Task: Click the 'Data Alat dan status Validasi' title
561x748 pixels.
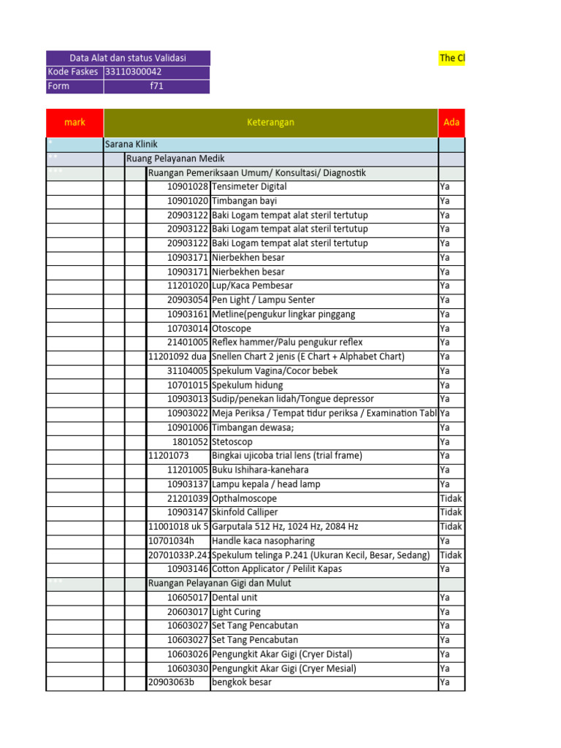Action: click(x=128, y=58)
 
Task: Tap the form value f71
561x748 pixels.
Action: click(x=156, y=86)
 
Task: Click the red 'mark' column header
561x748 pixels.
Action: click(x=75, y=122)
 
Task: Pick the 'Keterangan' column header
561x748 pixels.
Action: click(x=270, y=122)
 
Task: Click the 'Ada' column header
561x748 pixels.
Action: click(x=451, y=122)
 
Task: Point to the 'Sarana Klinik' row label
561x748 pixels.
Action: click(x=131, y=145)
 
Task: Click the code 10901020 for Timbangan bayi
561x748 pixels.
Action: click(x=188, y=201)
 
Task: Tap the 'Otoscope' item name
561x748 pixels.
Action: click(x=230, y=329)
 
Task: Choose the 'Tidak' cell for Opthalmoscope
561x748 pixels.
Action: click(x=451, y=498)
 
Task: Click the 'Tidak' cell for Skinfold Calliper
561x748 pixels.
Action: click(x=451, y=513)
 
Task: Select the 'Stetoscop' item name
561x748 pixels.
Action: click(x=232, y=442)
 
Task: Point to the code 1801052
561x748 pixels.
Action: click(x=191, y=442)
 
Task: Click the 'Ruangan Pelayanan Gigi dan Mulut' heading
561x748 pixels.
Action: click(x=219, y=584)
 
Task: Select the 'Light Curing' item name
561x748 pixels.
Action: click(x=236, y=612)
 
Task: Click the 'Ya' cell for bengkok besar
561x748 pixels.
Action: click(x=445, y=682)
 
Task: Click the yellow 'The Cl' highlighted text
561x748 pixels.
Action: click(x=451, y=58)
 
